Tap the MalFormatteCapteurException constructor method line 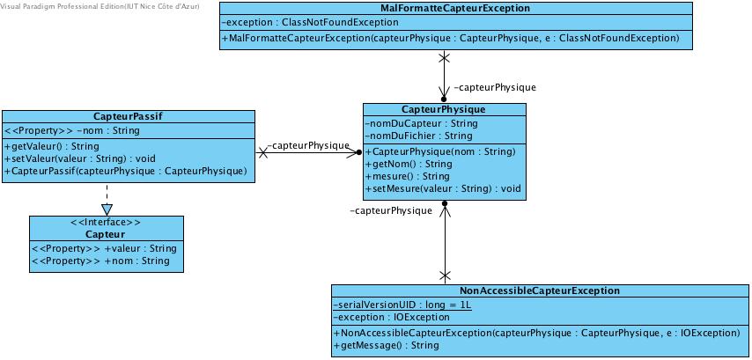[x=450, y=39]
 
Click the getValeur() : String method [x=52, y=146]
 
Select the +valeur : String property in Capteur [x=104, y=248]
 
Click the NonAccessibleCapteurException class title [x=540, y=290]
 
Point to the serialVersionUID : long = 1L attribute [x=403, y=305]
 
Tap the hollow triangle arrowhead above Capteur [x=107, y=209]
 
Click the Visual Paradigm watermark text [x=100, y=6]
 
